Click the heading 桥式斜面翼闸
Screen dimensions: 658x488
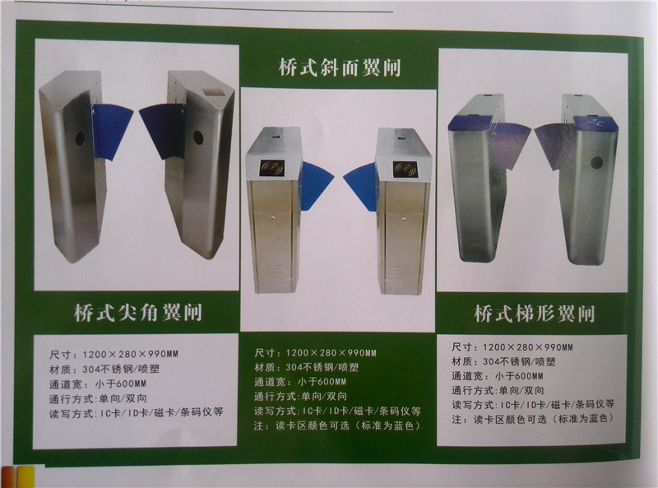coord(340,67)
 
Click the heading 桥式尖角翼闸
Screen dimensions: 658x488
coord(138,313)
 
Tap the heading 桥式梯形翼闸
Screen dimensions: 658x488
coord(535,314)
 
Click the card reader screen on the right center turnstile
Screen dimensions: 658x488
coord(405,169)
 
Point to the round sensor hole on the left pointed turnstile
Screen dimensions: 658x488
coord(80,138)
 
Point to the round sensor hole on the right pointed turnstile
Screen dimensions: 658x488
coord(198,137)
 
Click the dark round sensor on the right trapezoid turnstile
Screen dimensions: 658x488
coord(597,162)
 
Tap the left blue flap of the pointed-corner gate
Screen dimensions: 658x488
coord(111,132)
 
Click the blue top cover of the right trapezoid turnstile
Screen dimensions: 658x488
coord(595,123)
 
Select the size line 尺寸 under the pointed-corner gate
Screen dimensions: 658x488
coord(114,355)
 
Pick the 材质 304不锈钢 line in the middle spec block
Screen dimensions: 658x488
coord(306,368)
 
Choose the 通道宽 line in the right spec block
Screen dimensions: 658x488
coord(498,376)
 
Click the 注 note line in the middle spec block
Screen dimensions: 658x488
coord(337,425)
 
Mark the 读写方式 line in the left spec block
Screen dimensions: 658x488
coord(136,413)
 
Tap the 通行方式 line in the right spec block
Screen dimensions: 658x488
coord(498,391)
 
